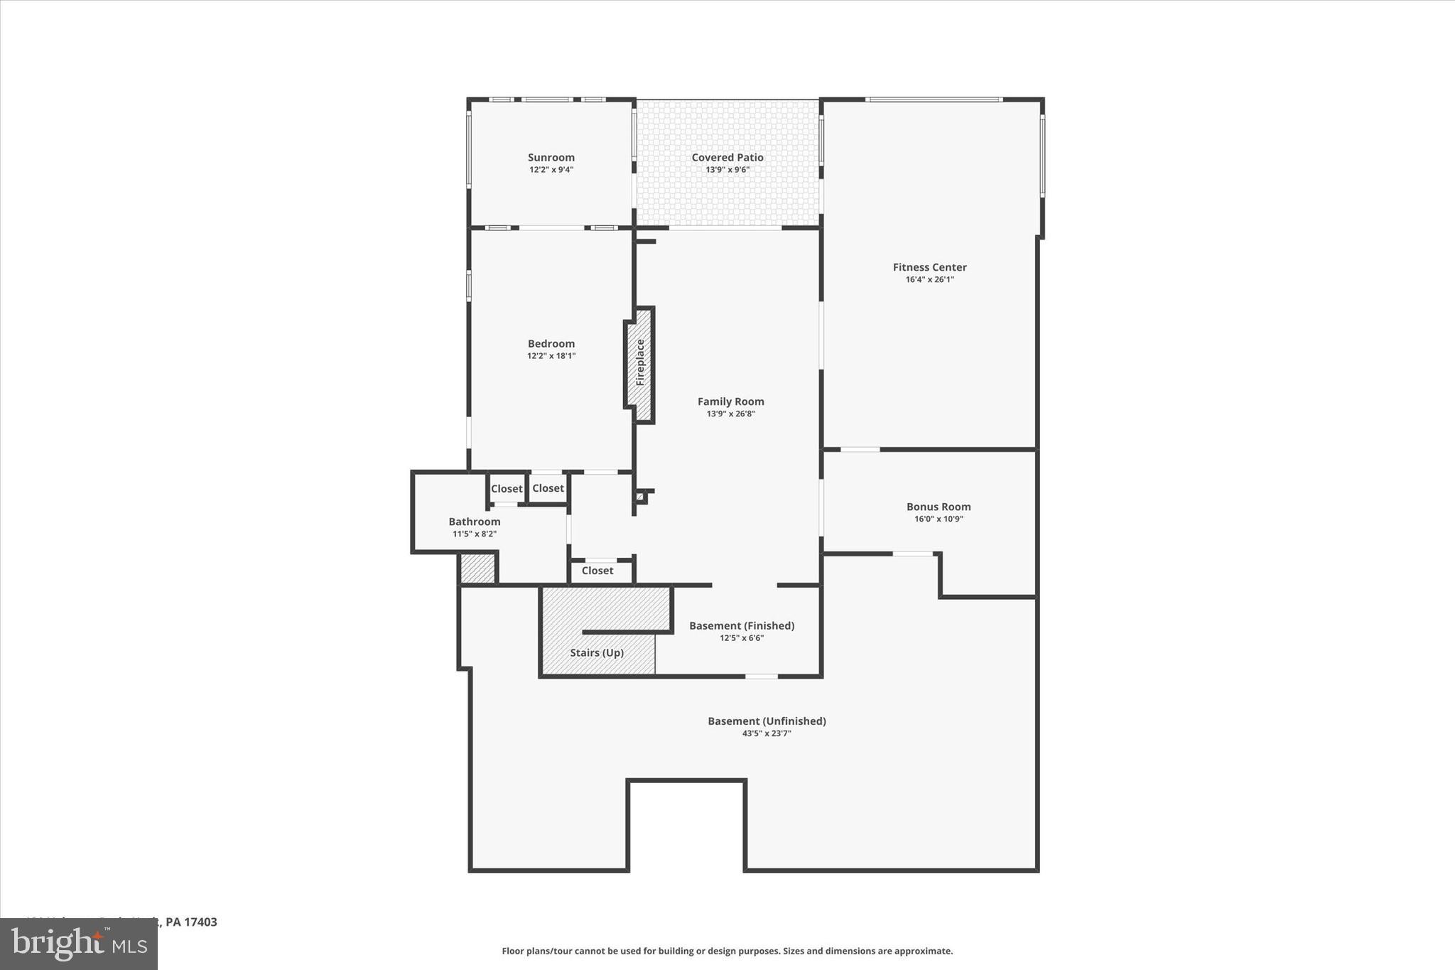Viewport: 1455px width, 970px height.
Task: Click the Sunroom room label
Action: pyautogui.click(x=551, y=158)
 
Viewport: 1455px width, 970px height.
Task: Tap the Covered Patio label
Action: pyautogui.click(x=727, y=158)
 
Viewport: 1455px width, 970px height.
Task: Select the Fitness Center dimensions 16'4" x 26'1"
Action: pyautogui.click(x=929, y=280)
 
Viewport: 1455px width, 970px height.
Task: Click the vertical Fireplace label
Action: pyautogui.click(x=640, y=363)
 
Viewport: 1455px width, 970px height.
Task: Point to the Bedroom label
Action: pyautogui.click(x=551, y=344)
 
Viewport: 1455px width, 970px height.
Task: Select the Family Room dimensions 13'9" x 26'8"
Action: pyautogui.click(x=730, y=414)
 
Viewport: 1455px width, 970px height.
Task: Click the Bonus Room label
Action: pyautogui.click(x=938, y=507)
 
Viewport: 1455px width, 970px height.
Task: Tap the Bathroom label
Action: pyautogui.click(x=474, y=522)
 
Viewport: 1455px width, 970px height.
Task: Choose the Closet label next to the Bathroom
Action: pyautogui.click(x=507, y=489)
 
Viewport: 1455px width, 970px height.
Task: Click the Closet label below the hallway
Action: pyautogui.click(x=597, y=571)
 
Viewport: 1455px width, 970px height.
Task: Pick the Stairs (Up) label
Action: pyautogui.click(x=597, y=652)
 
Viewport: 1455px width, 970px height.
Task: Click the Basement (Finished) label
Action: pyautogui.click(x=741, y=626)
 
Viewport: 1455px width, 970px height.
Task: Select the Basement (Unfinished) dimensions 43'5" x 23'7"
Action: pyautogui.click(x=766, y=733)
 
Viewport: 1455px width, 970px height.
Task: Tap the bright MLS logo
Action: pyautogui.click(x=79, y=944)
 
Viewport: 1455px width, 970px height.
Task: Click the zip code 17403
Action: pyautogui.click(x=200, y=922)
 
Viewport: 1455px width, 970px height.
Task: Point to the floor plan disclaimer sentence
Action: pyautogui.click(x=727, y=951)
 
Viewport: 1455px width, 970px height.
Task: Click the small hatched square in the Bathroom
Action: pyautogui.click(x=477, y=568)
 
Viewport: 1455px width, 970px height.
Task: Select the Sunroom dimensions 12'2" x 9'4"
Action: pyautogui.click(x=551, y=170)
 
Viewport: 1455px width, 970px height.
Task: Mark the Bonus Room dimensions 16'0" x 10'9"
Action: pyautogui.click(x=938, y=519)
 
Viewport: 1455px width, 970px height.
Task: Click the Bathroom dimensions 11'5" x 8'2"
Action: pyautogui.click(x=474, y=534)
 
